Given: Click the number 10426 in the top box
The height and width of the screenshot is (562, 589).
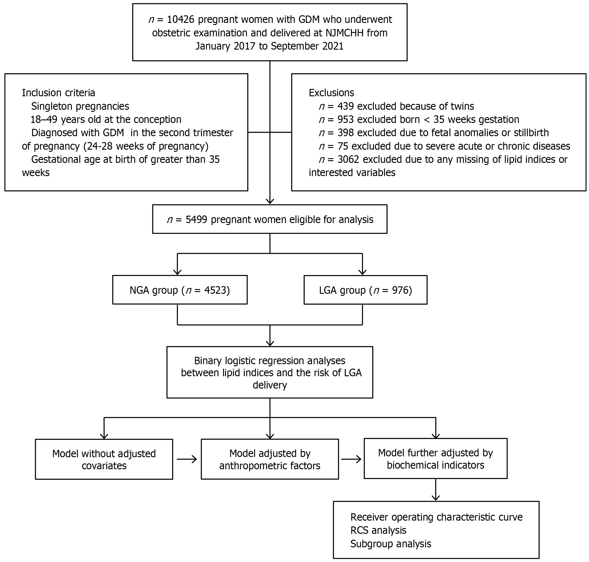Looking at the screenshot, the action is (181, 19).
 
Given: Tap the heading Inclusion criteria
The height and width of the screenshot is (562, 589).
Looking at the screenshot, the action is (58, 93).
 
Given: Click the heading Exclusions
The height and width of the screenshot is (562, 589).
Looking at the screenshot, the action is (331, 93).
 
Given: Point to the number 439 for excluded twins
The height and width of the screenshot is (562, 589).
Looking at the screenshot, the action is (346, 106).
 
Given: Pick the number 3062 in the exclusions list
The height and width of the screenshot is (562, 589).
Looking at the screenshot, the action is (348, 159).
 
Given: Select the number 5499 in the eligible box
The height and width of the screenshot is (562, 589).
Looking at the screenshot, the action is (197, 220).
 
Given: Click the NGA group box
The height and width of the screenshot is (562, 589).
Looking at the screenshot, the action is (180, 290).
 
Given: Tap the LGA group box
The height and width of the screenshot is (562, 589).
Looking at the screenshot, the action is (365, 290).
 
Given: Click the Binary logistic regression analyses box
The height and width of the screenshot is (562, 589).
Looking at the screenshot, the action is (270, 372).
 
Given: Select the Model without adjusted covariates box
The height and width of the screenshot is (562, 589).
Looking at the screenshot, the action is (104, 459).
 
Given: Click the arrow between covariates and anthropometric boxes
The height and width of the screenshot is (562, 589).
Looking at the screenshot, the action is (187, 459).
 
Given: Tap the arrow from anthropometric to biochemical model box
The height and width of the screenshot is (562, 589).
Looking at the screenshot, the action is (351, 459).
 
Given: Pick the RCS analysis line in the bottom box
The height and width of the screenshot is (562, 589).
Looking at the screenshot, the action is (378, 530).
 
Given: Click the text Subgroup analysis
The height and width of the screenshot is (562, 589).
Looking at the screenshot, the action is (391, 544).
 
